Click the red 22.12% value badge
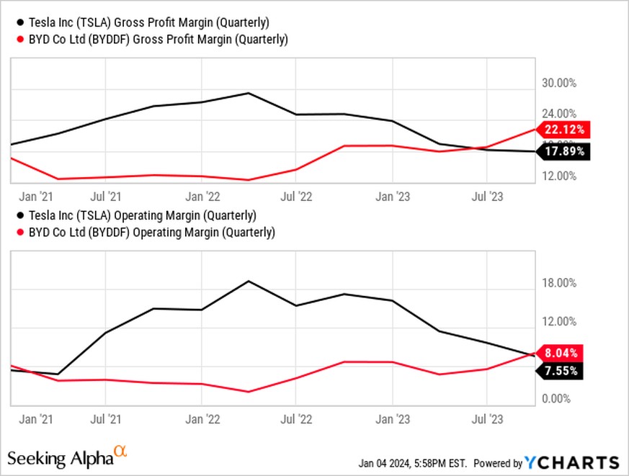tap(565, 130)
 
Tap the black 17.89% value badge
tap(565, 151)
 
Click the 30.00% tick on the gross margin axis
tap(558, 83)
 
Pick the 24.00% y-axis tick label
tap(558, 114)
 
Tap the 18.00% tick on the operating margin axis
tap(558, 283)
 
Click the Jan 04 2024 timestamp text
tap(413, 463)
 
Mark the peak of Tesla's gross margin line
tap(249, 93)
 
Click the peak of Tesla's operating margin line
tap(249, 281)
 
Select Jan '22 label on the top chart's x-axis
tap(202, 195)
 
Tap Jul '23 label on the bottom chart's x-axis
tap(487, 418)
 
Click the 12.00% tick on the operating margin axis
tap(558, 321)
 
